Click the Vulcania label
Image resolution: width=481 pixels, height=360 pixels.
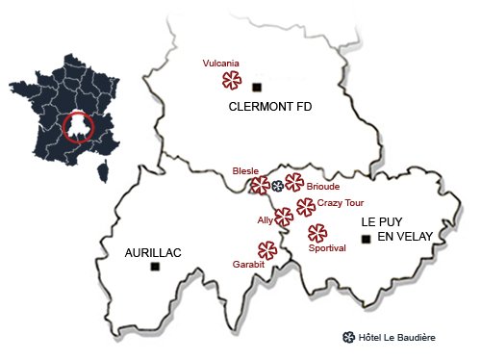[x=220, y=64]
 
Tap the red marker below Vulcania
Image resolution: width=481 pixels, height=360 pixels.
[x=231, y=81]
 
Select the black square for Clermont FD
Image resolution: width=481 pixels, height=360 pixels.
[x=256, y=89]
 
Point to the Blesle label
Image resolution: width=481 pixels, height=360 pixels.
[x=246, y=170]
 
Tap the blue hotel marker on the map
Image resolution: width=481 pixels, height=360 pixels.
[x=277, y=186]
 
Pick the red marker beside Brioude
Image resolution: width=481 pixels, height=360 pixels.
[x=294, y=184]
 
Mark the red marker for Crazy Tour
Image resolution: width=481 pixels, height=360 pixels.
[x=306, y=207]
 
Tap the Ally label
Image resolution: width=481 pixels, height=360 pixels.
[x=265, y=220]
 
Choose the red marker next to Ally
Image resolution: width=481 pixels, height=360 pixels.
[x=283, y=218]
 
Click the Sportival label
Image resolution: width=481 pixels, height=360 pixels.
[x=328, y=248]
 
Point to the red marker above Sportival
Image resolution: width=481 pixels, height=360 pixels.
[x=316, y=233]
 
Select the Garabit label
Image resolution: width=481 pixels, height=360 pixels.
[x=248, y=264]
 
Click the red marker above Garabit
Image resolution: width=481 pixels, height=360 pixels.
[x=267, y=250]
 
